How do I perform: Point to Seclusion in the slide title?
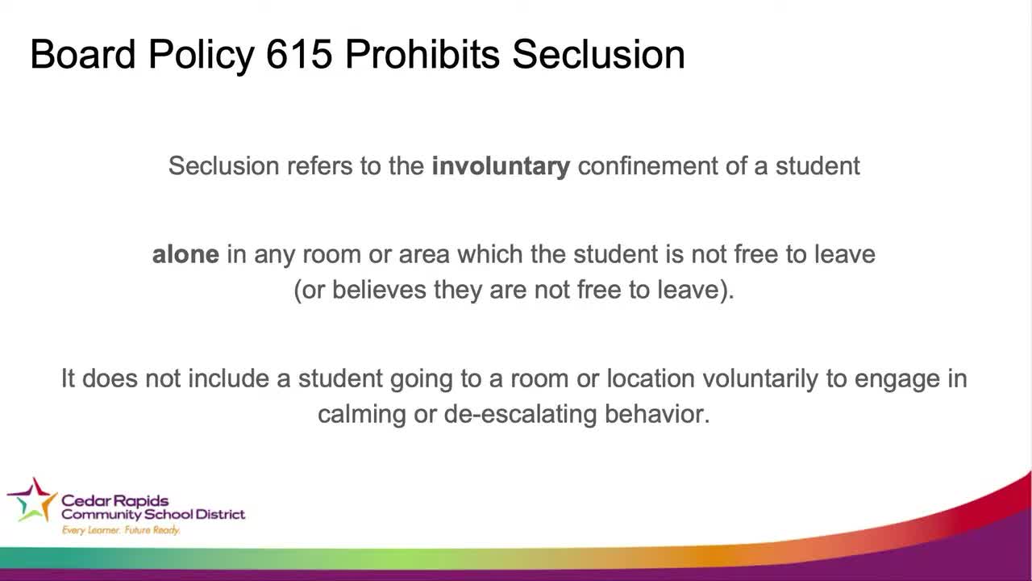(598, 55)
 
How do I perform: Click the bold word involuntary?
(501, 166)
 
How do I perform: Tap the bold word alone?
(185, 254)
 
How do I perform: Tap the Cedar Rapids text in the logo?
(114, 500)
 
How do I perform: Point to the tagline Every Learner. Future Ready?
(121, 530)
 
